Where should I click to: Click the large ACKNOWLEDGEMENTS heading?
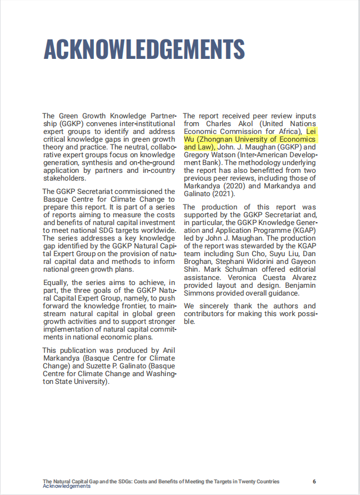pyautogui.click(x=144, y=49)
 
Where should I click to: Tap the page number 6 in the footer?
pyautogui.click(x=314, y=481)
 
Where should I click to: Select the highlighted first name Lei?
pyautogui.click(x=312, y=131)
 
